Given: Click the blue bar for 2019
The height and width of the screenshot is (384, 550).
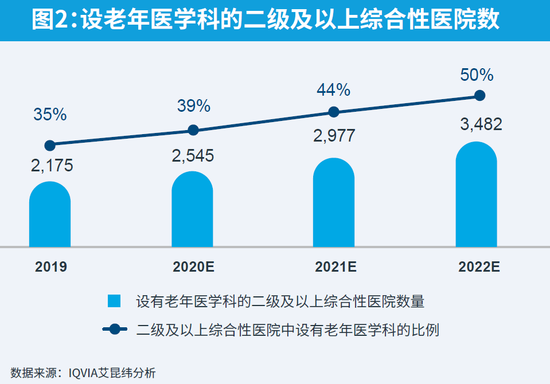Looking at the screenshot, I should click(x=50, y=215).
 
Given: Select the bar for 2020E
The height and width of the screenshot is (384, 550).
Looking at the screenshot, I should click(x=192, y=210).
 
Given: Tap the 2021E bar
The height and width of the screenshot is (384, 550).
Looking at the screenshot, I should click(x=334, y=203).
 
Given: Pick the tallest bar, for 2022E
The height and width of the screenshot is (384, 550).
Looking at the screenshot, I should click(x=476, y=195).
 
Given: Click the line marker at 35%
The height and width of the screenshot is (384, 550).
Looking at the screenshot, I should click(x=50, y=145).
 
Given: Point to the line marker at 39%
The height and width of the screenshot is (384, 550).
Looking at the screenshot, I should click(x=193, y=130).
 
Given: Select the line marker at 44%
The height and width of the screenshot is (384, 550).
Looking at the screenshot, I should click(x=334, y=112).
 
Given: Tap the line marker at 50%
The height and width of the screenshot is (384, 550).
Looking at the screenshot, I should click(x=480, y=95).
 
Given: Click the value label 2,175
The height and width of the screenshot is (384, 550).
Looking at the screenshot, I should click(x=52, y=167).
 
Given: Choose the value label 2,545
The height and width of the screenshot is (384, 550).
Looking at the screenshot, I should click(x=193, y=156).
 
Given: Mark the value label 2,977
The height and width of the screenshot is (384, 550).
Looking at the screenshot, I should click(x=334, y=136).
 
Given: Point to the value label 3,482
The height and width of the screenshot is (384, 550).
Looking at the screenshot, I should click(x=481, y=124).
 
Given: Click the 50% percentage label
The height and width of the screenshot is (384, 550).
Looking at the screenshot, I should click(x=477, y=75).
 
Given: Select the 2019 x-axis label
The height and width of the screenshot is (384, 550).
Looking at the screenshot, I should click(x=50, y=267).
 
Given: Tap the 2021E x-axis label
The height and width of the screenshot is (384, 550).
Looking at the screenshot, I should click(x=336, y=267).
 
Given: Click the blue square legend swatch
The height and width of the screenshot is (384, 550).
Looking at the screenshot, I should click(x=114, y=301).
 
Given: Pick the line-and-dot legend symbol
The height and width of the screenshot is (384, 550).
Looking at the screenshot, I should click(x=115, y=329).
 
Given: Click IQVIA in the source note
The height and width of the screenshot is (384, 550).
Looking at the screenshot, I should click(x=84, y=373).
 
